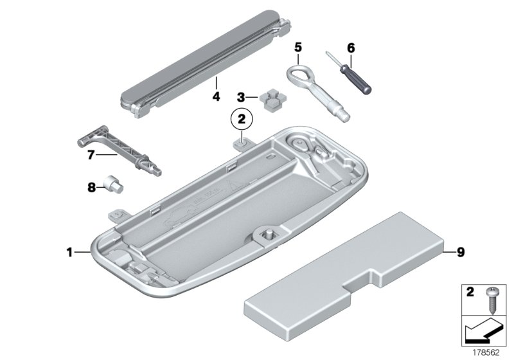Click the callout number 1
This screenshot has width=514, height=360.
coord(69,253)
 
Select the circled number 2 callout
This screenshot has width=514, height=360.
coord(242,120)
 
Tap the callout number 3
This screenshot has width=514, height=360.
coord(241,98)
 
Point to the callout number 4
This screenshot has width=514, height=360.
coord(216,97)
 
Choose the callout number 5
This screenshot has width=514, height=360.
coord(297,47)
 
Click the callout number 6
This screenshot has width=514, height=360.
coord(350,48)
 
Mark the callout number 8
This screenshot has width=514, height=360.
coord(91,187)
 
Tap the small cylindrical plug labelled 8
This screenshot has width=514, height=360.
coord(116,186)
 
